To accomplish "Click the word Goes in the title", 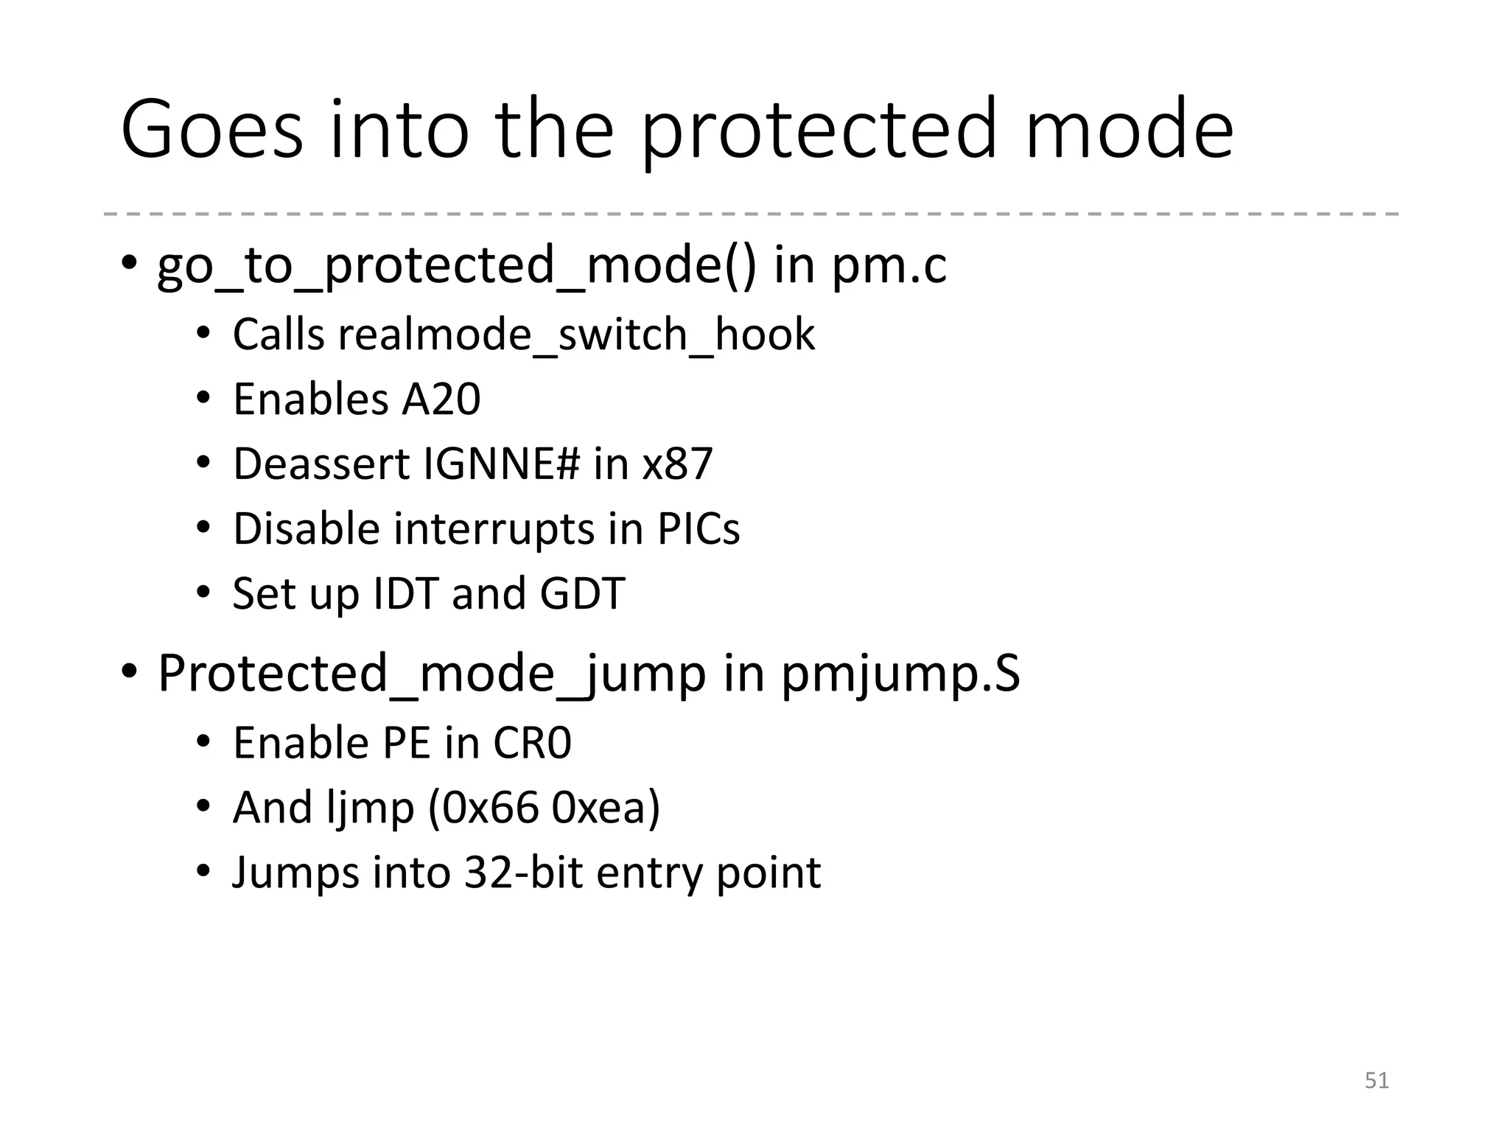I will (x=211, y=130).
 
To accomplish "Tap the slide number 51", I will (x=1376, y=1080).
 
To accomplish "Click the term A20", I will (x=441, y=399).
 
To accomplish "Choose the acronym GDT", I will (x=582, y=594).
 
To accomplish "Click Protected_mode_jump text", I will (x=432, y=674).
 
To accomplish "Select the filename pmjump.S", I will (x=900, y=674).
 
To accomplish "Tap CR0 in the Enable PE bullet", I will (x=531, y=743).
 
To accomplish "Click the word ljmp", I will (x=369, y=808).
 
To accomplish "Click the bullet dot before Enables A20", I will (x=203, y=399).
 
